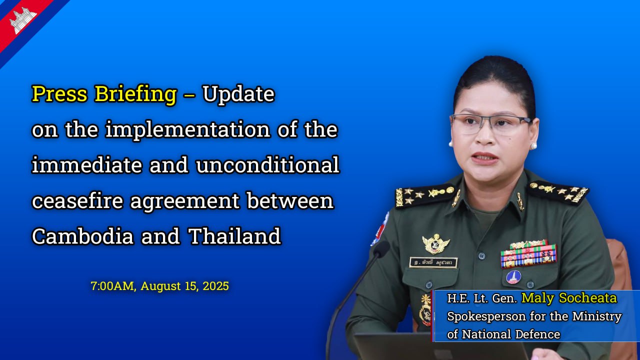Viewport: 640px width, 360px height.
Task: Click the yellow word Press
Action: point(59,93)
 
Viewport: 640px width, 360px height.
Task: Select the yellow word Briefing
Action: point(135,95)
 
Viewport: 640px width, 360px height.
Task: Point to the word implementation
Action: point(187,130)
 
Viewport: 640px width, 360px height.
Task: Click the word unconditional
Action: point(267,165)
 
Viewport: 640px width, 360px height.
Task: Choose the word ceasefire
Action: point(77,200)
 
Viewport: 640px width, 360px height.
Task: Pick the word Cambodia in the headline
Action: point(82,236)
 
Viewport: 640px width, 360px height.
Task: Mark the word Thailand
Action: point(234,236)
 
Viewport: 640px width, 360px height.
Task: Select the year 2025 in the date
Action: point(215,286)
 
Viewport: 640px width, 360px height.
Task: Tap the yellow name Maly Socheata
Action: point(569,298)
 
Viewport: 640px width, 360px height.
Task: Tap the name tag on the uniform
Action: point(433,262)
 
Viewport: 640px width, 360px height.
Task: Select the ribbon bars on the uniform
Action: point(528,254)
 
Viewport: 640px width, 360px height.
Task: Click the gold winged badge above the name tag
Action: point(435,243)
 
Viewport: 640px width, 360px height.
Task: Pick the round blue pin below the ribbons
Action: point(513,277)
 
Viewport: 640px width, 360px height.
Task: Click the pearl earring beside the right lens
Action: point(533,146)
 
